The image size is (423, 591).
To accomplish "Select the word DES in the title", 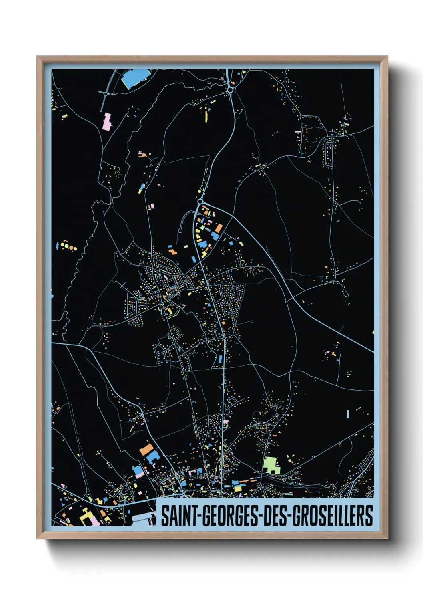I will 276,516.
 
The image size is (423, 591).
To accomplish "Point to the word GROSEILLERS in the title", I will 333,516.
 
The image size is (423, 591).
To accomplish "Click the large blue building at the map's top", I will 136,78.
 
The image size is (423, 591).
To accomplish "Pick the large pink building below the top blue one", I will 107,121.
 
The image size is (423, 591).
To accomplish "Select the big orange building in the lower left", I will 146,449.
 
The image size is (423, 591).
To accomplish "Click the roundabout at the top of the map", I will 230,91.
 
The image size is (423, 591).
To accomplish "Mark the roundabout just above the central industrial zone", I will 200,202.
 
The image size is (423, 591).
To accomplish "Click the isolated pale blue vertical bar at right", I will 347,414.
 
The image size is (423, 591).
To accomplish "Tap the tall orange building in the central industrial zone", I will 219,228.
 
